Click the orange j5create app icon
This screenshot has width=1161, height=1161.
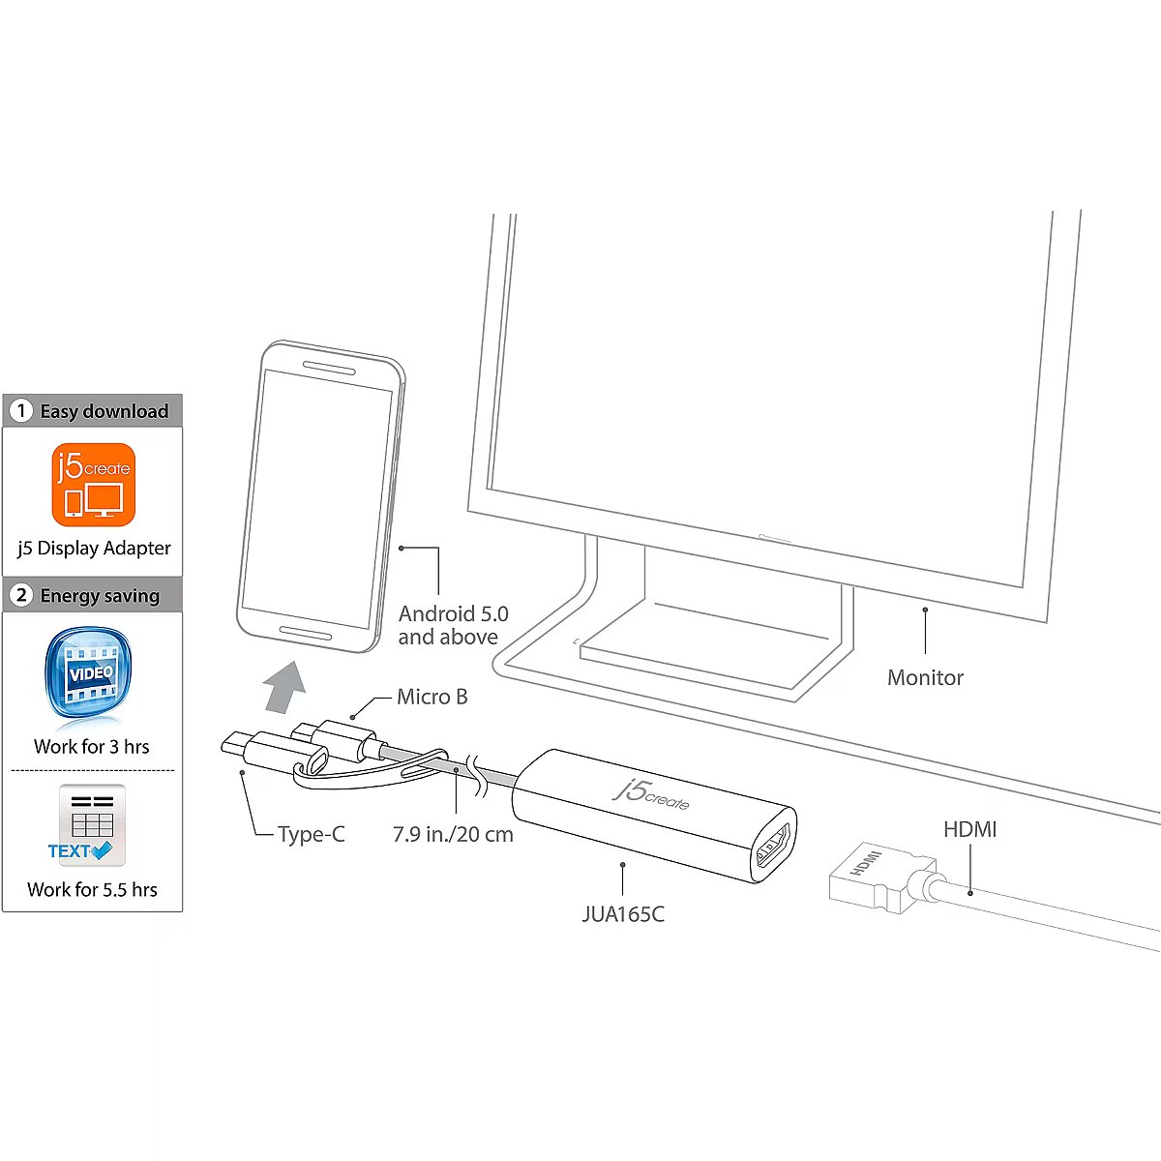(x=93, y=485)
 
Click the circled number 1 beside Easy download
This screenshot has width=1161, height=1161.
(x=21, y=411)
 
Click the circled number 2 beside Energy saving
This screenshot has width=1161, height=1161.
(x=21, y=595)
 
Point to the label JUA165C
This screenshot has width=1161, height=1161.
(x=623, y=914)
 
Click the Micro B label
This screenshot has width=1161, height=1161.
(x=432, y=697)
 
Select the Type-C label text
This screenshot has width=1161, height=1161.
(x=311, y=834)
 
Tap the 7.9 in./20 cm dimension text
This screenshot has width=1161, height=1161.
(x=453, y=834)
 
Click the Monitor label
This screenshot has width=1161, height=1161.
(x=925, y=677)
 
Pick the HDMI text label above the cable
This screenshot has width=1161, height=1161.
(x=969, y=829)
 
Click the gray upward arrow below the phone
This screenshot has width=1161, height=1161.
(x=285, y=686)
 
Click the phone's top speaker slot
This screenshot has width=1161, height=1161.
(x=329, y=368)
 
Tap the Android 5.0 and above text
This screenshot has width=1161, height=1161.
(x=453, y=625)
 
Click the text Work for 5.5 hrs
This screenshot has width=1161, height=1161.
(x=92, y=889)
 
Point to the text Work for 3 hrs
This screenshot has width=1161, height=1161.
(x=92, y=746)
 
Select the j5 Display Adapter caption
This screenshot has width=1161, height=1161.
(x=94, y=548)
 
